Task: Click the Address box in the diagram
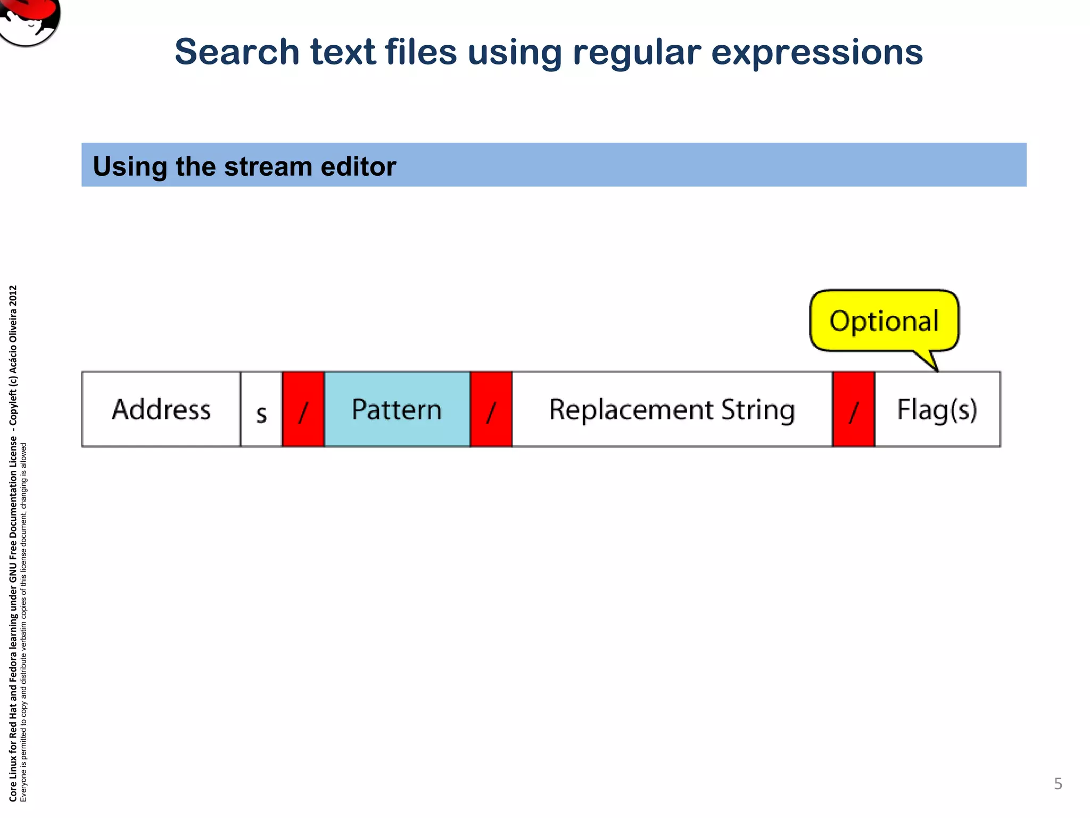[161, 409]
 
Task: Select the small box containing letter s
[261, 409]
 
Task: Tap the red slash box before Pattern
[303, 409]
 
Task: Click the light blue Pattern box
[397, 409]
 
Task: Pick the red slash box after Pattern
[491, 409]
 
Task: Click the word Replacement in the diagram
[631, 410]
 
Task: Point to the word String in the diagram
[758, 410]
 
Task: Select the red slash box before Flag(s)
[853, 409]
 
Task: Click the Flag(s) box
[937, 409]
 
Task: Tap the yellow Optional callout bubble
[884, 321]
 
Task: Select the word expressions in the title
[817, 53]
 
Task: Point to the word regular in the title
[637, 53]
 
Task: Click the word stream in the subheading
[268, 166]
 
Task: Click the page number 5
[1058, 784]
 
